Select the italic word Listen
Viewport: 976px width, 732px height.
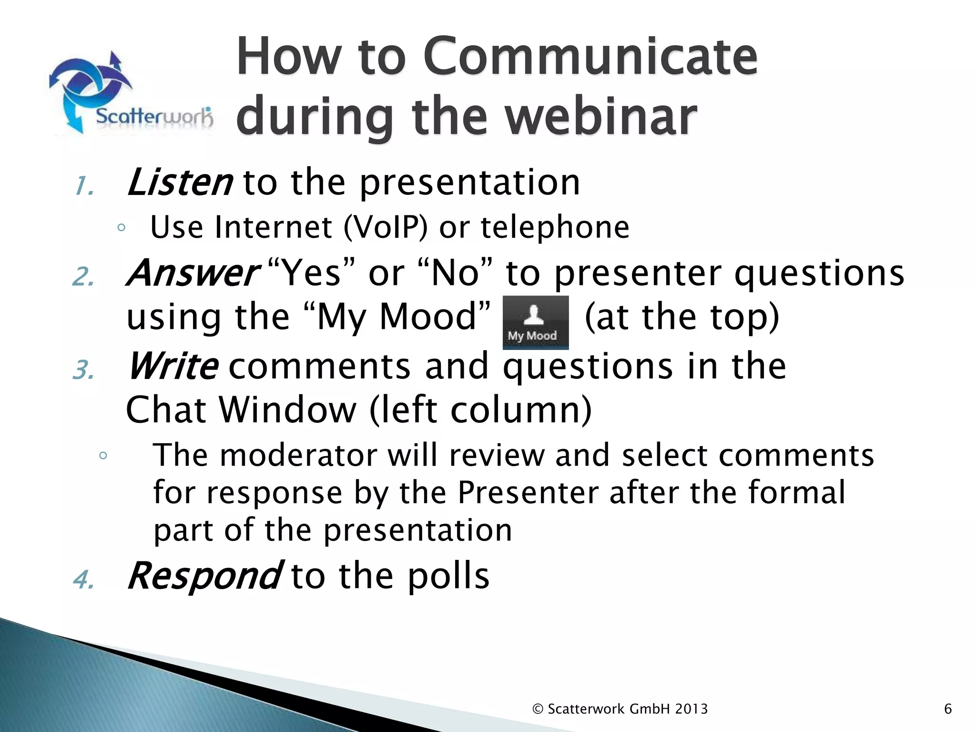point(180,183)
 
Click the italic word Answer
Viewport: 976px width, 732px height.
point(193,273)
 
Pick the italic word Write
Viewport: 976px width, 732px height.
point(173,366)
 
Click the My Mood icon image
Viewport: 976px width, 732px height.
point(536,323)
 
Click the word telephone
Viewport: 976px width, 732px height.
point(555,227)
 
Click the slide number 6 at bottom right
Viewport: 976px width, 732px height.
point(948,709)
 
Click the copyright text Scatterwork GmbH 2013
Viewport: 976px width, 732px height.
point(620,709)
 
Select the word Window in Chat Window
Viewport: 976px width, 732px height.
point(287,410)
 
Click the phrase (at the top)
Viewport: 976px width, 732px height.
point(682,317)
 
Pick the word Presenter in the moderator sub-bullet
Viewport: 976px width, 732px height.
point(528,492)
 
